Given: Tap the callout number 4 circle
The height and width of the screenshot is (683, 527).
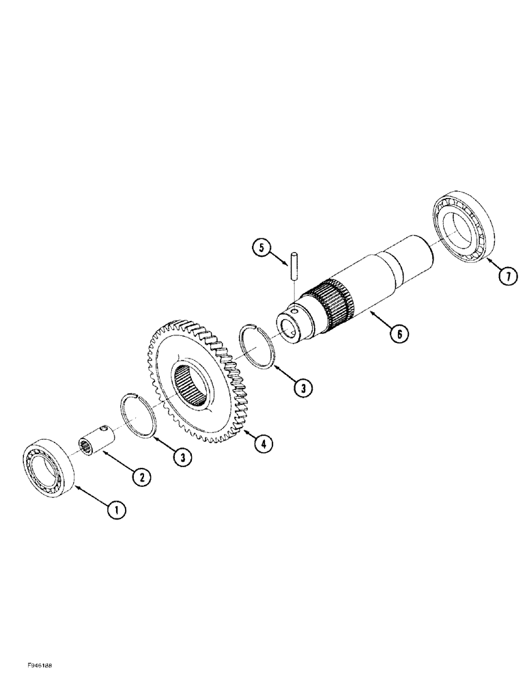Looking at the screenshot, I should tap(262, 443).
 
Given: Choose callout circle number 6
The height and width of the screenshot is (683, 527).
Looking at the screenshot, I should tap(399, 333).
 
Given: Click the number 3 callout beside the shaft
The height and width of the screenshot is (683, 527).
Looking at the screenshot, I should tap(303, 387).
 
